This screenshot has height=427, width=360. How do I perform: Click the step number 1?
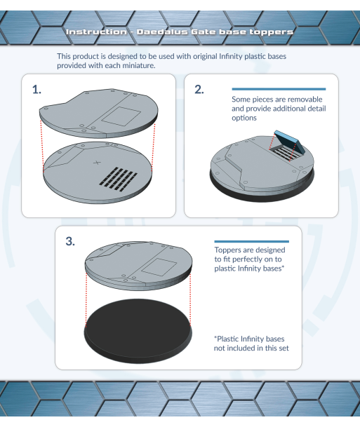(36, 90)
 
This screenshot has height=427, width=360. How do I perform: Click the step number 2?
(199, 90)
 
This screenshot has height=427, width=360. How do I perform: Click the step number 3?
(70, 242)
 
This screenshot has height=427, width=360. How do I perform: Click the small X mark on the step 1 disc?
(97, 163)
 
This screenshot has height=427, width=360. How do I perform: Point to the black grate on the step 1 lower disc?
(118, 179)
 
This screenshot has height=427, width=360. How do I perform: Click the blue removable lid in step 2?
(290, 142)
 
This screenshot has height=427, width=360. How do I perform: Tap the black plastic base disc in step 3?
(138, 331)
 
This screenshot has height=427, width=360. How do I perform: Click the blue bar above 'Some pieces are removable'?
(279, 89)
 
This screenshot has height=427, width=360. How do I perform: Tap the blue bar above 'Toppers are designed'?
(251, 242)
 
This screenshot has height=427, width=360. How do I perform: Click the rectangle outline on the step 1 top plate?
(121, 116)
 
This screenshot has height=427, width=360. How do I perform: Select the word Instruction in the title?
(96, 32)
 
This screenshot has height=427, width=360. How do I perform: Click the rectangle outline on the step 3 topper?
(159, 267)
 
